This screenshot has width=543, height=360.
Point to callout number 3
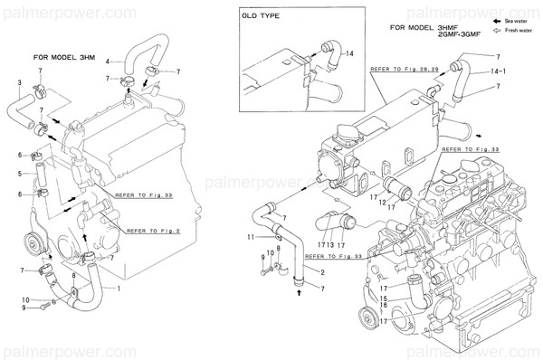[x=21, y=83]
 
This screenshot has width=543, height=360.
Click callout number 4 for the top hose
[x=109, y=62]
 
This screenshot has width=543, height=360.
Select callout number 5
[x=20, y=174]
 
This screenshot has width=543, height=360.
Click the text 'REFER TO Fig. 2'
[x=150, y=230]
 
